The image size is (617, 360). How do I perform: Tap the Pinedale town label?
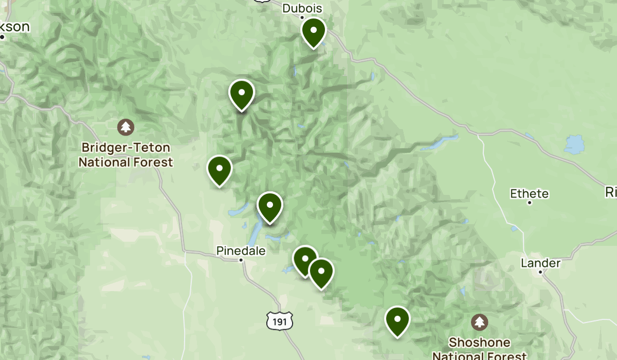(241, 251)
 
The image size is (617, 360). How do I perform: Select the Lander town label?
(540, 263)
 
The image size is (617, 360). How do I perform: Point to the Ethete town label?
(529, 194)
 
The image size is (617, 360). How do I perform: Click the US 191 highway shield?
(280, 321)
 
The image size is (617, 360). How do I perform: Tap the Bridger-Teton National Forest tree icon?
(125, 127)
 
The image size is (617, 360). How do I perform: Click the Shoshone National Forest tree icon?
(480, 322)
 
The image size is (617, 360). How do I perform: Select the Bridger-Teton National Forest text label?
(125, 155)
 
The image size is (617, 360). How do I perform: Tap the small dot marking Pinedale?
(241, 260)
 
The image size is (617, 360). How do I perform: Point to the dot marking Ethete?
(529, 203)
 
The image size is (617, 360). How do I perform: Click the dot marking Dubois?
(302, 17)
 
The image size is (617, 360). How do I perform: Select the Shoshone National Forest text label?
(479, 349)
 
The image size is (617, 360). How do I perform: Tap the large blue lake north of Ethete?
(574, 145)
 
